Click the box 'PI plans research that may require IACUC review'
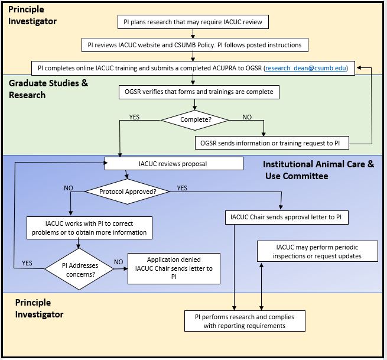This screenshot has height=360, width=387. click(x=193, y=22)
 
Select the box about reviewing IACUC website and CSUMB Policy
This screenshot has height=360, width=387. click(x=193, y=45)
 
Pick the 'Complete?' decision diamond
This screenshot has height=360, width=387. click(x=196, y=119)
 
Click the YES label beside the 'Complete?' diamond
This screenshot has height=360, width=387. click(x=135, y=117)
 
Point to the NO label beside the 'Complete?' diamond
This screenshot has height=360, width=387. click(x=248, y=117)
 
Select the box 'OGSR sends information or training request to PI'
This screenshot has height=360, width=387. click(x=272, y=142)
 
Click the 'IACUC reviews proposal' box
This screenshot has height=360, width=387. click(x=174, y=163)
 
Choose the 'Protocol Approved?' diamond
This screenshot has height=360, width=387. click(x=128, y=192)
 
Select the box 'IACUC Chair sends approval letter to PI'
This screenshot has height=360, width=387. click(x=287, y=218)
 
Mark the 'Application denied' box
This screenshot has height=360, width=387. click(x=174, y=268)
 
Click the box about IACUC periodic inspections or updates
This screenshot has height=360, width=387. click(x=317, y=251)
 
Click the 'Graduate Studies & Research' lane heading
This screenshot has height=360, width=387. click(x=48, y=89)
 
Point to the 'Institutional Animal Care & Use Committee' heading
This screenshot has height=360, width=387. click(x=318, y=170)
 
